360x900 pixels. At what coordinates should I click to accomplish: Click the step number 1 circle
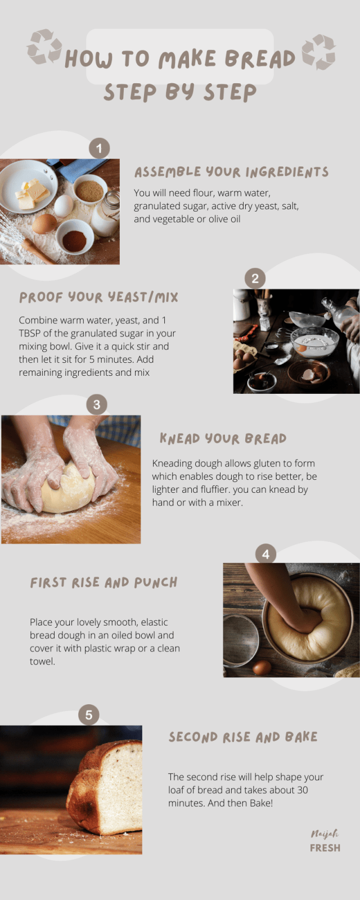[99, 148]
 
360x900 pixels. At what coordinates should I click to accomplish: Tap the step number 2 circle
[255, 278]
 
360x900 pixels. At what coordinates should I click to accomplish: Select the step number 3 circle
[97, 404]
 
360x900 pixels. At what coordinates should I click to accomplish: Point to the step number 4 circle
[265, 554]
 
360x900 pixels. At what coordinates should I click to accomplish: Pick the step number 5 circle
[88, 715]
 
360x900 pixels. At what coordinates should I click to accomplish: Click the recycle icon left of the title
[44, 47]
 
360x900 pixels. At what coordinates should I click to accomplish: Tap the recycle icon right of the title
[318, 52]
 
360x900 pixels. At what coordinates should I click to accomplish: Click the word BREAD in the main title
[260, 58]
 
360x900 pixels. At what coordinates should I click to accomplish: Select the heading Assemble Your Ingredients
[231, 172]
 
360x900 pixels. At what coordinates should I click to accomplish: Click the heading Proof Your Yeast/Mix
[98, 297]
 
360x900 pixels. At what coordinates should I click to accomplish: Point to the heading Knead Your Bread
[223, 439]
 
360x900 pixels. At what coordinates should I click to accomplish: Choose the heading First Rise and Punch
[103, 582]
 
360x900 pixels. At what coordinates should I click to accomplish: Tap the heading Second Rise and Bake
[243, 737]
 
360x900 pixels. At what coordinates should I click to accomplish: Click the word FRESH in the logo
[325, 848]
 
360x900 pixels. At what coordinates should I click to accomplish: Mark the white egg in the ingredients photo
[63, 205]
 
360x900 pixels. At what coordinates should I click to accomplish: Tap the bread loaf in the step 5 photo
[107, 787]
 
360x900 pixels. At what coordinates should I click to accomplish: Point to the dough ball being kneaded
[69, 488]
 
